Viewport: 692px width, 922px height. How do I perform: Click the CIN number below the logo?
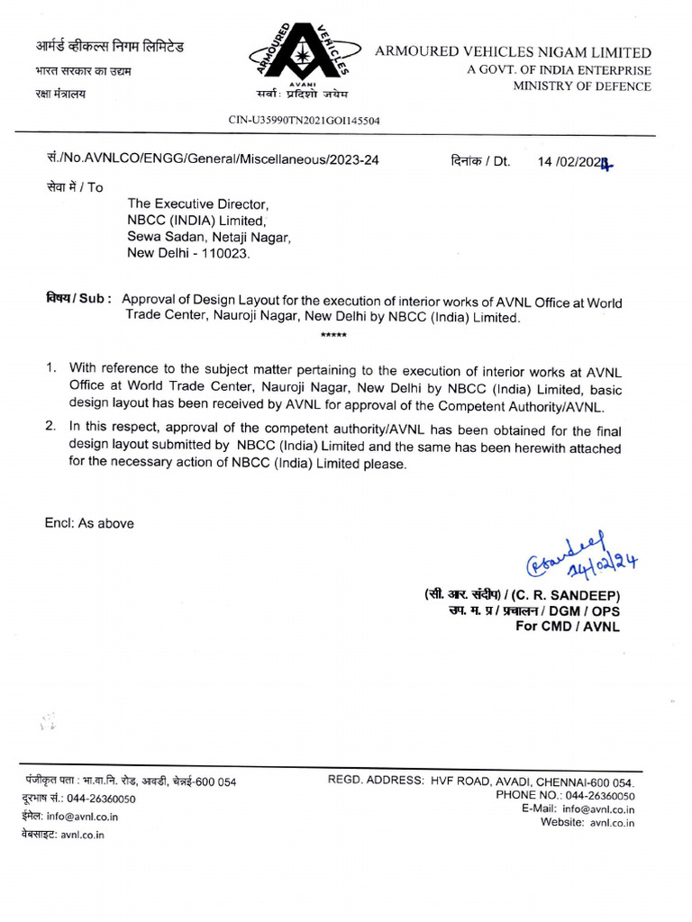pyautogui.click(x=304, y=120)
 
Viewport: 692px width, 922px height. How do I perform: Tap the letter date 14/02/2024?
pyautogui.click(x=575, y=162)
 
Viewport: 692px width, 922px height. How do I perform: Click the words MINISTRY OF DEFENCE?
pyautogui.click(x=582, y=86)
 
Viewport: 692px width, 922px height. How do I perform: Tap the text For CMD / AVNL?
pyautogui.click(x=568, y=627)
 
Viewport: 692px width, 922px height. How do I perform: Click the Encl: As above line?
pyautogui.click(x=89, y=523)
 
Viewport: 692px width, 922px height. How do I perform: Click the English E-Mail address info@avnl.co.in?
pyautogui.click(x=603, y=809)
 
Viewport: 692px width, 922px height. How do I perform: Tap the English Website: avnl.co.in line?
pyautogui.click(x=587, y=822)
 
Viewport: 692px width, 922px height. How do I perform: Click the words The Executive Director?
pyautogui.click(x=198, y=204)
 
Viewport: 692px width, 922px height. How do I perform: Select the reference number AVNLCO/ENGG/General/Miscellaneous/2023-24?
pyautogui.click(x=225, y=160)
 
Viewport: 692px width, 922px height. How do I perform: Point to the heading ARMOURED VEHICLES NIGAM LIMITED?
pyautogui.click(x=513, y=52)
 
